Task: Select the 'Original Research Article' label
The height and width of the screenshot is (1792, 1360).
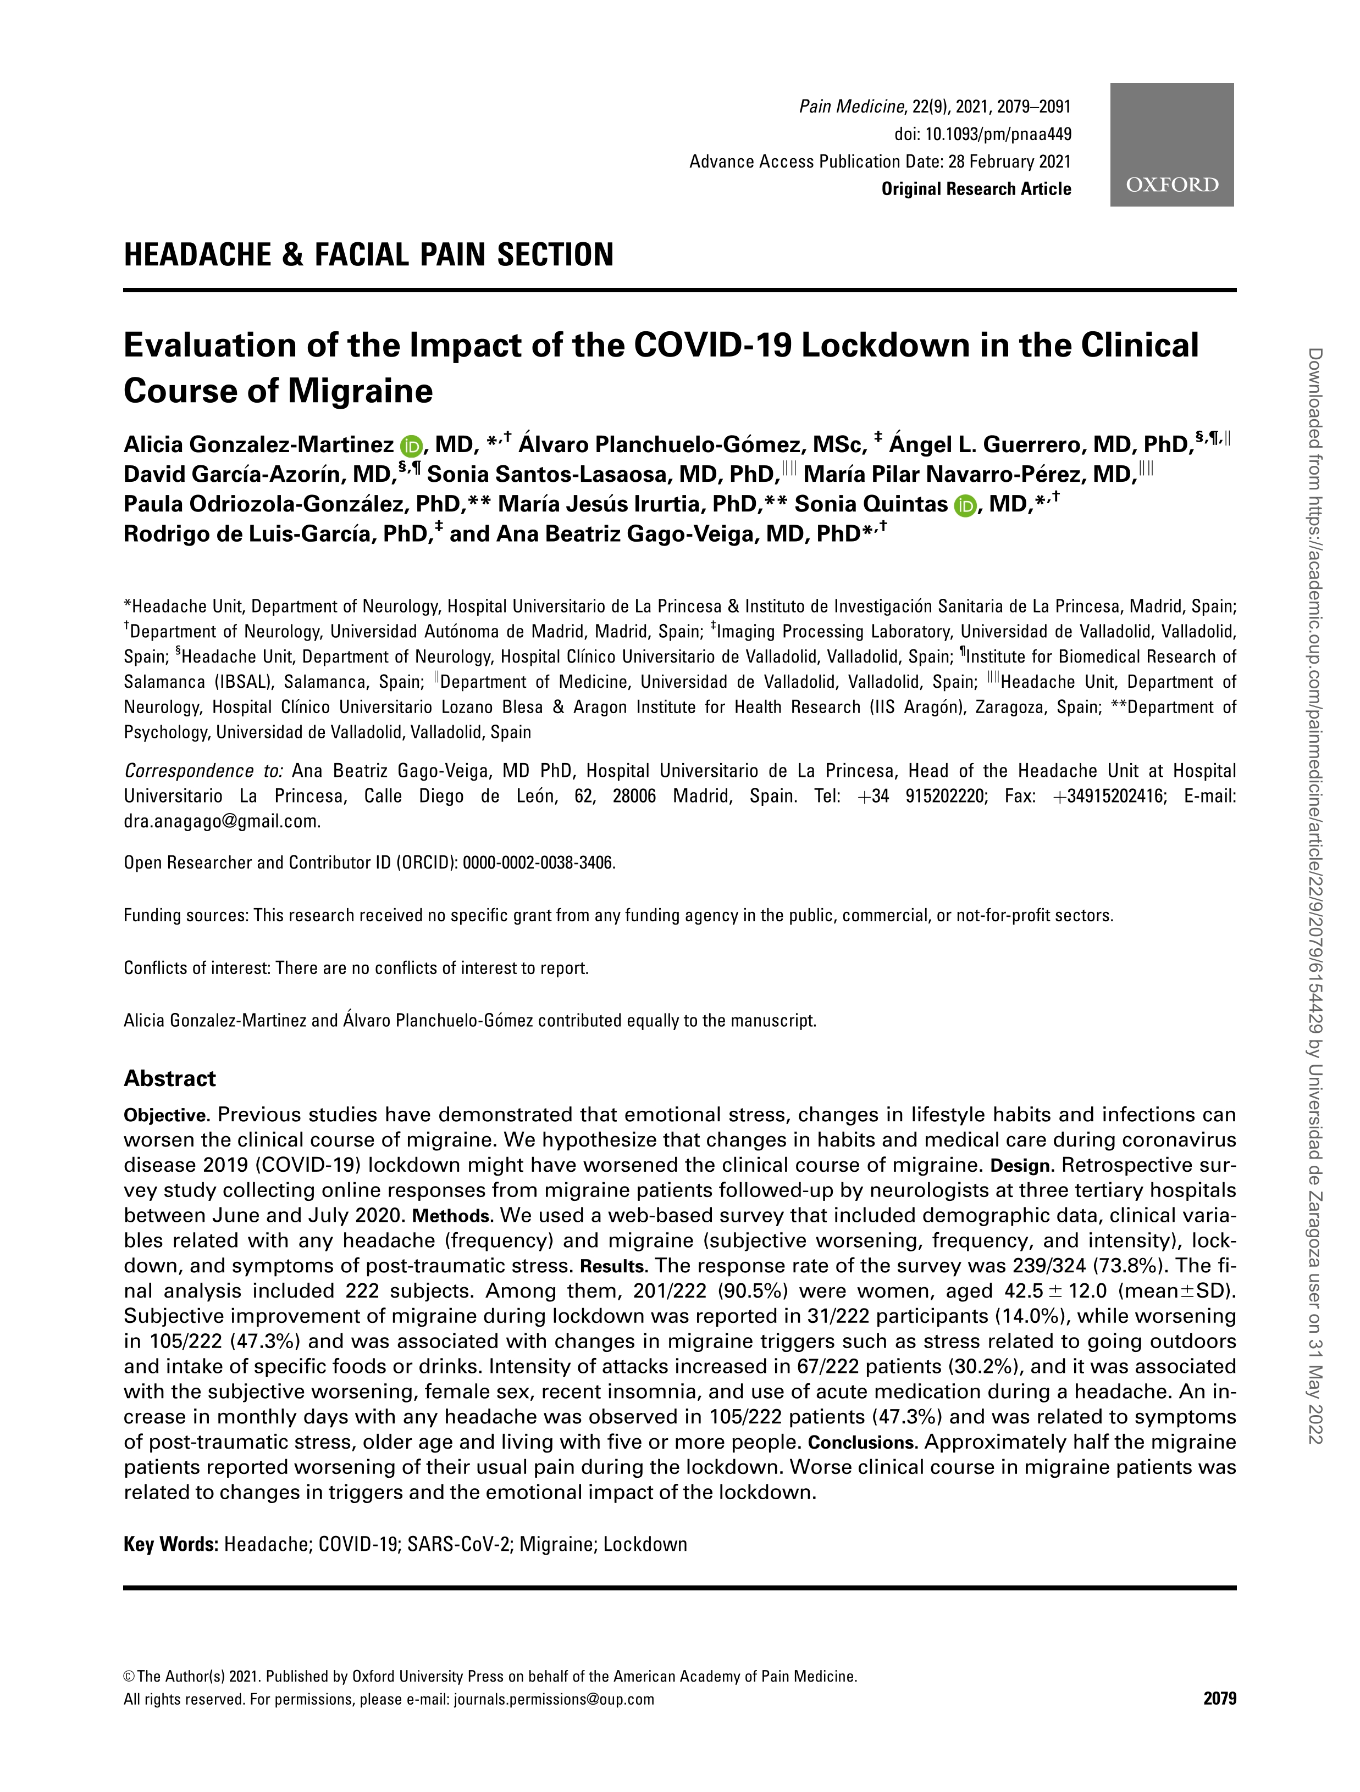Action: pyautogui.click(x=976, y=189)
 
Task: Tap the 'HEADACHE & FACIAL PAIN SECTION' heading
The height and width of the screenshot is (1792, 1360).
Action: pyautogui.click(x=369, y=254)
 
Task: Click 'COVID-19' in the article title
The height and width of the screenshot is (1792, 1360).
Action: pyautogui.click(x=710, y=346)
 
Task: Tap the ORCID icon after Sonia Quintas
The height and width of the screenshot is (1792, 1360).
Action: pyautogui.click(x=965, y=505)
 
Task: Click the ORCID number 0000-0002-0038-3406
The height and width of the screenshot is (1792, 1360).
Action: pyautogui.click(x=538, y=863)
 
